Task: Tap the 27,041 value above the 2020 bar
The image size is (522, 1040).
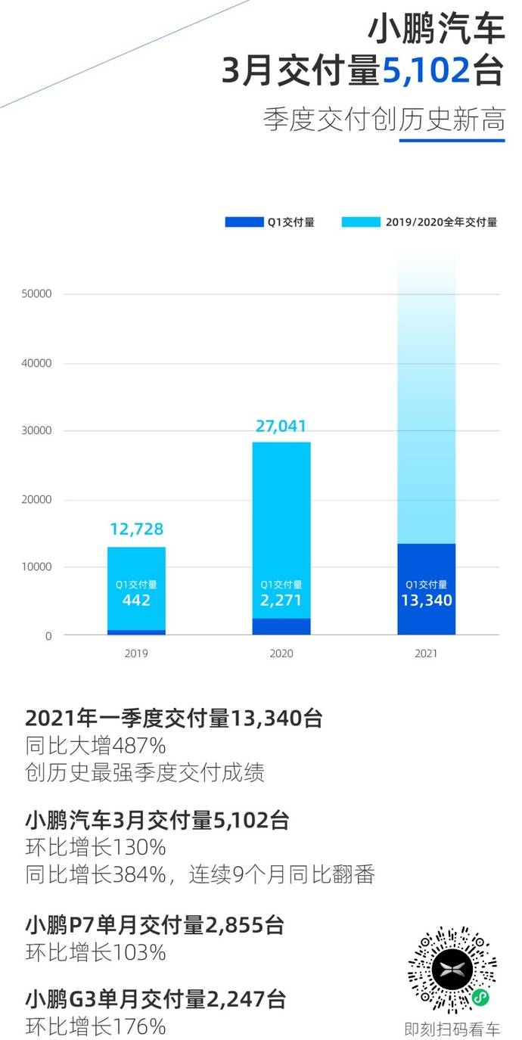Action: pyautogui.click(x=281, y=426)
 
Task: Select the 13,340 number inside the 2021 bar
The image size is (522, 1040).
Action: pyautogui.click(x=426, y=601)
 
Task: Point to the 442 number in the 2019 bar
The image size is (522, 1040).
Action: pyautogui.click(x=136, y=601)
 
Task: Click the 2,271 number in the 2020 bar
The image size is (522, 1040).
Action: pyautogui.click(x=281, y=601)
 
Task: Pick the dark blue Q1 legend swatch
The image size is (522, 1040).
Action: pyautogui.click(x=244, y=222)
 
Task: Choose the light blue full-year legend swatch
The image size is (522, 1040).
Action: pyautogui.click(x=362, y=222)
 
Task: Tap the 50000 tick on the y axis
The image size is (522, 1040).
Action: pyautogui.click(x=36, y=294)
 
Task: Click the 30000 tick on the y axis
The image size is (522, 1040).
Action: pyautogui.click(x=36, y=431)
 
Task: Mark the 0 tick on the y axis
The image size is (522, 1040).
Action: pyautogui.click(x=48, y=636)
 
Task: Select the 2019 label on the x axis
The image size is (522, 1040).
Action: pyautogui.click(x=136, y=653)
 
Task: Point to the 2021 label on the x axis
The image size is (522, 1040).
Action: pyautogui.click(x=426, y=653)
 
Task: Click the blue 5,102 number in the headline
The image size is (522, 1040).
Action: pyautogui.click(x=425, y=72)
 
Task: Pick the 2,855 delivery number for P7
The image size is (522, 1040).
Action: pyautogui.click(x=231, y=924)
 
